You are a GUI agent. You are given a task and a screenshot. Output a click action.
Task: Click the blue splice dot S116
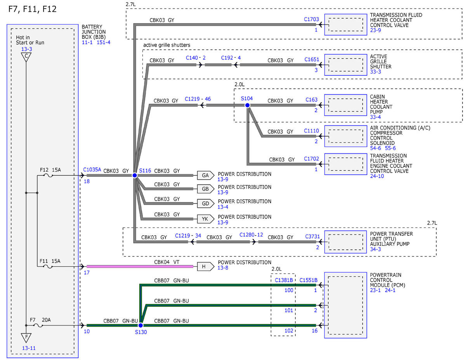[x=135, y=176]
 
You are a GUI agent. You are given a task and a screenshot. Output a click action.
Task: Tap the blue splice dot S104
[x=247, y=105]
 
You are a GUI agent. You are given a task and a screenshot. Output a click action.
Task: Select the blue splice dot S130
[x=141, y=325]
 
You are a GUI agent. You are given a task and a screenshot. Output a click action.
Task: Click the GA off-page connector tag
[x=205, y=176]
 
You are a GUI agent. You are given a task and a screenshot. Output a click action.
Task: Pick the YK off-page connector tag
[x=205, y=219]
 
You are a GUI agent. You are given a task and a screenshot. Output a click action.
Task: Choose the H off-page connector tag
[x=205, y=266]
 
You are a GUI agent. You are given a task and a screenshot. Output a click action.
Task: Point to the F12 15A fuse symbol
[x=48, y=176]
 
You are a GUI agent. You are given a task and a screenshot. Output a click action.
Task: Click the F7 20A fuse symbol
[x=38, y=325]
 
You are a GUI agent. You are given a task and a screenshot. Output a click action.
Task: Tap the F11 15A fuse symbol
[x=48, y=266]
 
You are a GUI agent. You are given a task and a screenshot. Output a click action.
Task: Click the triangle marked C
[x=26, y=57]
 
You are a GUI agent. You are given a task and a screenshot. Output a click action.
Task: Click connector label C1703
[x=311, y=19]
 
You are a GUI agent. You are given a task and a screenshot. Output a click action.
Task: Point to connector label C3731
[x=312, y=236]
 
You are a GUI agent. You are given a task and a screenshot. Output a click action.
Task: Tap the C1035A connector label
[x=92, y=170]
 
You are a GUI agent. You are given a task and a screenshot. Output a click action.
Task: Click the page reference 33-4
[x=375, y=117]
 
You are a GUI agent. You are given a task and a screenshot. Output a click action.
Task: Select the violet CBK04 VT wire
[x=140, y=266]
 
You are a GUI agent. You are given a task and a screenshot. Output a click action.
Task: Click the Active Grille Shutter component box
[x=346, y=65]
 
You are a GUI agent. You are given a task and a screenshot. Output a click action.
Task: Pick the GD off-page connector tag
[x=205, y=203]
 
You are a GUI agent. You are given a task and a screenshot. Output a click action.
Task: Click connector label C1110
[x=311, y=131]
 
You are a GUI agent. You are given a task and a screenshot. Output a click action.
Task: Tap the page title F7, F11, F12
[x=32, y=9]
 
